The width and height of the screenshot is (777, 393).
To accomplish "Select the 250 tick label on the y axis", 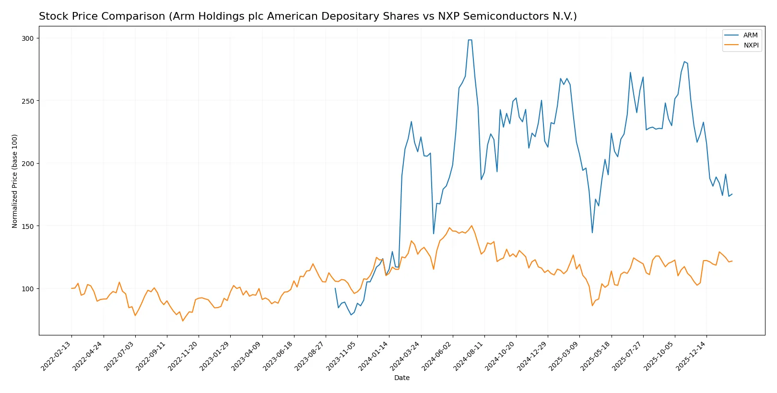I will (27, 101).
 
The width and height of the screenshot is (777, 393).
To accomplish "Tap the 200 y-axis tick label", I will (27, 164).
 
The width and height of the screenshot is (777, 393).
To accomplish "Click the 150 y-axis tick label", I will (27, 226).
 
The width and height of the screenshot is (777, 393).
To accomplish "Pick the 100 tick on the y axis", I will (27, 289).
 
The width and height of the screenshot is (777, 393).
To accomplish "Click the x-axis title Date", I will (401, 378).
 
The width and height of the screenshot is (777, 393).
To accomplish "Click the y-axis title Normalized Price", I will (15, 181).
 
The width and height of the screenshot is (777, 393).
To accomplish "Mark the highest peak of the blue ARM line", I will (470, 40).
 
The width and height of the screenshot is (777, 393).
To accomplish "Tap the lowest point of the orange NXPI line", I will (183, 321).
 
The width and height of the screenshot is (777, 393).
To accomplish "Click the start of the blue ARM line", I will (335, 288).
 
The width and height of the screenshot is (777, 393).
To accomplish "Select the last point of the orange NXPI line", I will (732, 261).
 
